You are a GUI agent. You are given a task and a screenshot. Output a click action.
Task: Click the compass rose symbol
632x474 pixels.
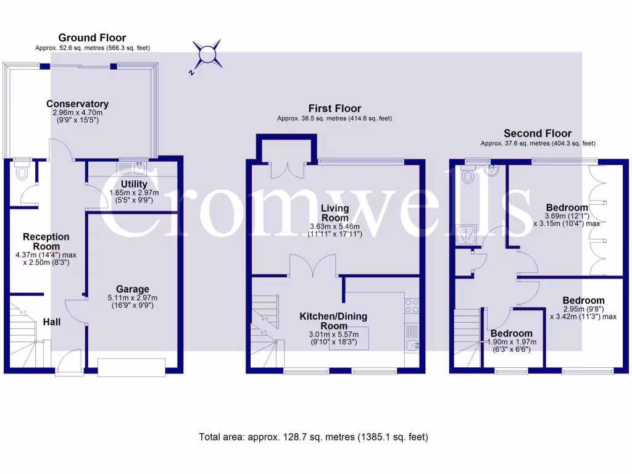click(207, 55)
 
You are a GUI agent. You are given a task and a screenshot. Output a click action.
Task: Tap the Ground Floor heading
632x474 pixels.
click(92, 38)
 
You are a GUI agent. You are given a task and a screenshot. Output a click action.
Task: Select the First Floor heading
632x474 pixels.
click(335, 109)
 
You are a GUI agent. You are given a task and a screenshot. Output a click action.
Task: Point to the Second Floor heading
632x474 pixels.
click(538, 133)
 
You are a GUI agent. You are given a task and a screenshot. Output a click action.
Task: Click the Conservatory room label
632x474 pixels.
click(77, 104)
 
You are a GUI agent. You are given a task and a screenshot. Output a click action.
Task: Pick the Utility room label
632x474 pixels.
click(134, 184)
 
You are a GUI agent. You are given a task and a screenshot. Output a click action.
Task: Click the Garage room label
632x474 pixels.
click(133, 289)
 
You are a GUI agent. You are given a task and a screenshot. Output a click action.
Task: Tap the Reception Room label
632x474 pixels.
click(46, 241)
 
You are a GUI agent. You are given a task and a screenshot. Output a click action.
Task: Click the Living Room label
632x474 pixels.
click(334, 214)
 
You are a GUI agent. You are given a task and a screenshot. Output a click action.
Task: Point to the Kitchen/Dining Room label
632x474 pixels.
click(333, 320)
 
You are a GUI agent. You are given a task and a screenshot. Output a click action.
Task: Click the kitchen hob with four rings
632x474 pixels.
click(412, 306)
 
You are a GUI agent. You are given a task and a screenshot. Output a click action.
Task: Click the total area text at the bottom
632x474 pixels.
click(313, 437)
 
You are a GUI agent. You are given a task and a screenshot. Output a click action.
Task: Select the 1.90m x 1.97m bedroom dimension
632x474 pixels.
click(513, 342)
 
